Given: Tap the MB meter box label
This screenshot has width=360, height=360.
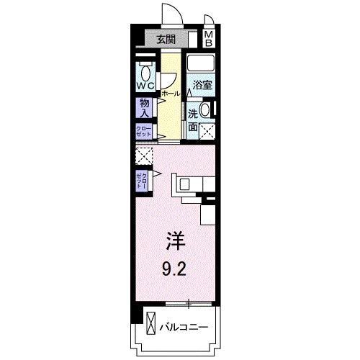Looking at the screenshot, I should (207, 40).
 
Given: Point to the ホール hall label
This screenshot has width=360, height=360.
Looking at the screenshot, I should (170, 94).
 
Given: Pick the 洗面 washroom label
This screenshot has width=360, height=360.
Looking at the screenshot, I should (193, 120).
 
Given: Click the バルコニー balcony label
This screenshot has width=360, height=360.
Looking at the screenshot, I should (183, 328).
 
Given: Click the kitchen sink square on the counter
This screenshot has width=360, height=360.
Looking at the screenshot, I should (185, 184).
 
